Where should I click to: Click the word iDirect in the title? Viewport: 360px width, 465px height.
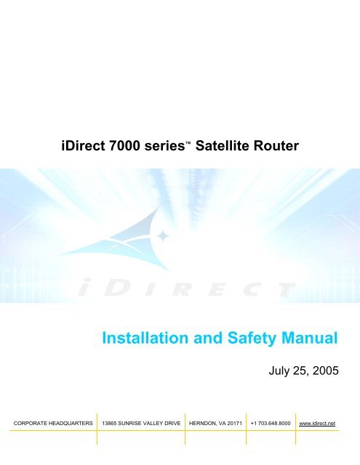click(83, 145)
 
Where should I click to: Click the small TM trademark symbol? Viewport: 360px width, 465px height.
click(188, 143)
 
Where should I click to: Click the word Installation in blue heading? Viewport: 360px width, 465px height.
click(145, 338)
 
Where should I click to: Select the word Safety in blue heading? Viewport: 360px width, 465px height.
click(252, 339)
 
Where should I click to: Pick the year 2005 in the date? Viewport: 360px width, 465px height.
click(326, 371)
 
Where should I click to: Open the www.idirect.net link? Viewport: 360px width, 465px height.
click(317, 424)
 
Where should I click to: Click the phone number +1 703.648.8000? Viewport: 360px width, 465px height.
click(271, 424)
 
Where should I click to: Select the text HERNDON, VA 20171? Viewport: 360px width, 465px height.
click(215, 424)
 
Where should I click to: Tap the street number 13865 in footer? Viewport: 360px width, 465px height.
click(109, 424)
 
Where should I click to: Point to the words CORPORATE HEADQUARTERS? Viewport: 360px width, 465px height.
click(53, 424)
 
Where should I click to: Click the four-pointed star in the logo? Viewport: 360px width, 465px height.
click(163, 235)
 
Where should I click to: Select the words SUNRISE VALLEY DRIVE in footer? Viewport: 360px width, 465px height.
click(149, 424)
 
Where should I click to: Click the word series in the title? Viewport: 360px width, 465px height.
click(164, 146)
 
